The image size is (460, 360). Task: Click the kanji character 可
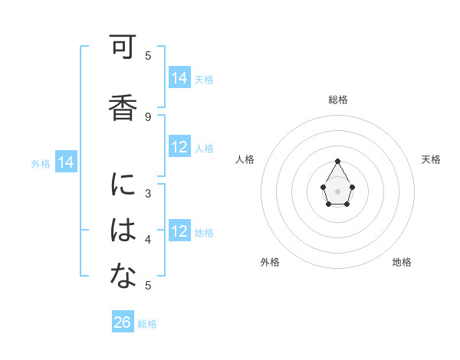(x=122, y=50)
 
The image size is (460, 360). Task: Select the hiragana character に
(x=122, y=186)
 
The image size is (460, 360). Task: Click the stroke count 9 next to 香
(x=148, y=116)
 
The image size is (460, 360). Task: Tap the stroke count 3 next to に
(x=148, y=194)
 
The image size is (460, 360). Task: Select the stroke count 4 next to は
(x=148, y=240)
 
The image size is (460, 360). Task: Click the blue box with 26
(x=123, y=322)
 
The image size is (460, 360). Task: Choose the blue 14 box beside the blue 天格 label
(x=179, y=77)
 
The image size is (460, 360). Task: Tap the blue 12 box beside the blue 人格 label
(x=179, y=147)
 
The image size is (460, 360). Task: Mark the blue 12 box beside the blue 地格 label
(x=179, y=231)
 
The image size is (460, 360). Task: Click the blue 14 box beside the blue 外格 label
(x=66, y=162)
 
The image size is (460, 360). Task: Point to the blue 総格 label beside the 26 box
(x=148, y=324)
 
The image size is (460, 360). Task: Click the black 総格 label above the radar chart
(x=338, y=100)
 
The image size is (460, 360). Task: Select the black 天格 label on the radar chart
(x=431, y=159)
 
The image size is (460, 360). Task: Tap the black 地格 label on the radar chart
(x=402, y=262)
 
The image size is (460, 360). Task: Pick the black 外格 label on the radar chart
(x=270, y=262)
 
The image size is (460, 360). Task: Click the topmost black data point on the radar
(x=337, y=161)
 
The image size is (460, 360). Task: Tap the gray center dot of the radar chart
(x=337, y=190)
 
